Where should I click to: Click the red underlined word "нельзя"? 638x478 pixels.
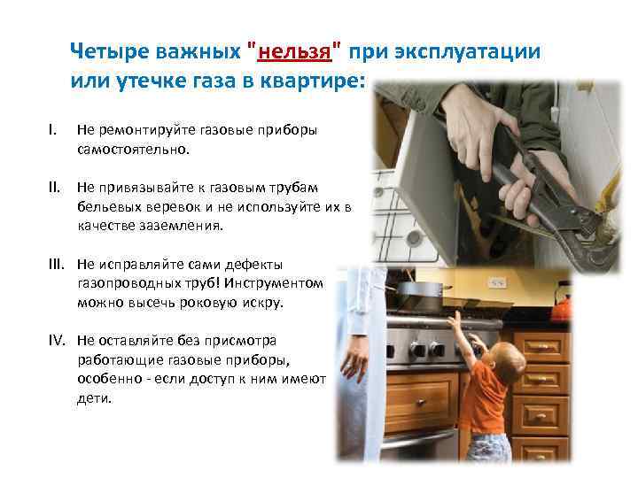(294, 52)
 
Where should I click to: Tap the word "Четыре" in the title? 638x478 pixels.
(110, 51)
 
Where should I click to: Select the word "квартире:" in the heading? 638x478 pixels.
(312, 81)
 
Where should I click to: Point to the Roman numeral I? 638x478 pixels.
(52, 129)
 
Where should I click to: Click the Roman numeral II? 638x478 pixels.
(54, 188)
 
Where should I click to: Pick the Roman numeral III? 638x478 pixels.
(56, 264)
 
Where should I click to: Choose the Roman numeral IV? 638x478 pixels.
(57, 340)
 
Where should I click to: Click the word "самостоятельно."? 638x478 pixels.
(134, 150)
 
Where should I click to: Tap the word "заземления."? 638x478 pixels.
(181, 226)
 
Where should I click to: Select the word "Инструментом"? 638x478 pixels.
(274, 283)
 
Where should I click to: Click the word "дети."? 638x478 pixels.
(94, 398)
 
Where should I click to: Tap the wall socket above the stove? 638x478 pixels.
(498, 281)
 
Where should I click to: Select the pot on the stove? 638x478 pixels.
(419, 291)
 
